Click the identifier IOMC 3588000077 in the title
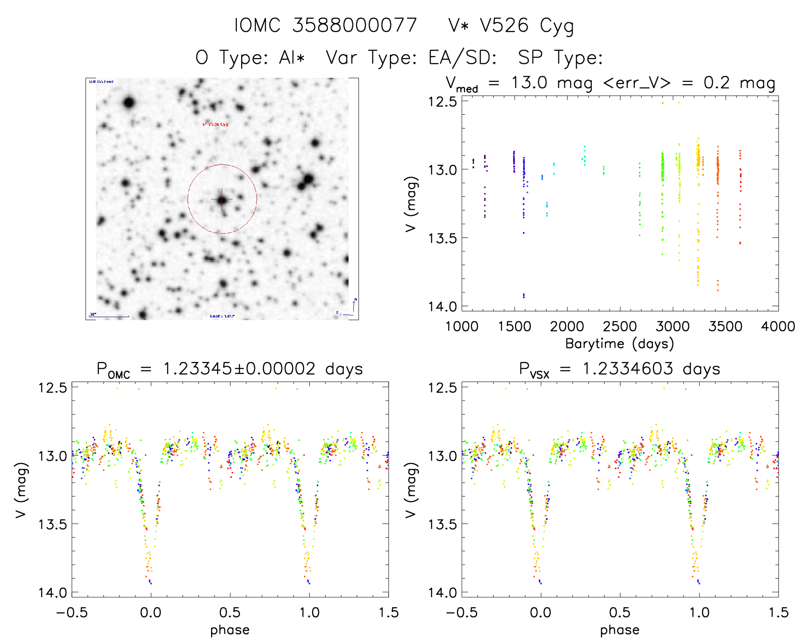pos(325,25)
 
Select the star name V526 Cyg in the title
pos(527,26)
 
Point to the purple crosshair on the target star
pos(222,199)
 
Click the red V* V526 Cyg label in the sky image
pos(215,124)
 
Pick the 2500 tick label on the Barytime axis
pos(620,327)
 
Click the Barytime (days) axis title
pos(619,344)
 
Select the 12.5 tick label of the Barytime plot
pos(441,101)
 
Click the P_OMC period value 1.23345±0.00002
pos(239,369)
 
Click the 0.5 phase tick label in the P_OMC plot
pos(230,612)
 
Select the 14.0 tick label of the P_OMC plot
pos(52,593)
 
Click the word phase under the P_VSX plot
pos(619,630)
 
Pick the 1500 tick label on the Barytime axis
pos(514,327)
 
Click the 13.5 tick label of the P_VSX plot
pos(442,524)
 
